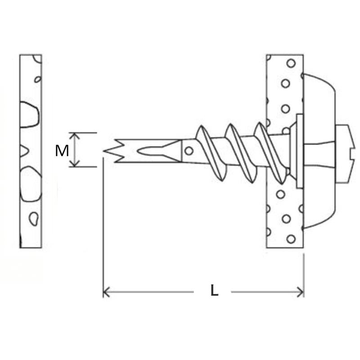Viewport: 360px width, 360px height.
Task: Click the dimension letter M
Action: [62, 151]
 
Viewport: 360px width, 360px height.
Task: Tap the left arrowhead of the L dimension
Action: [106, 292]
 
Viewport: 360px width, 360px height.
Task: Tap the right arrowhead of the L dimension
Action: [301, 292]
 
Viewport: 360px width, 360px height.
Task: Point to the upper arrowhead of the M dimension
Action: [74, 136]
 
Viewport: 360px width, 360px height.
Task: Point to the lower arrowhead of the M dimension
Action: [74, 163]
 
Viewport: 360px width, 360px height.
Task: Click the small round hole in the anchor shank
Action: [189, 151]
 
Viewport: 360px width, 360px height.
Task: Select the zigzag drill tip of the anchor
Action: [113, 151]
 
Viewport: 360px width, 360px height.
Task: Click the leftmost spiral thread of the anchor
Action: [211, 153]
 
